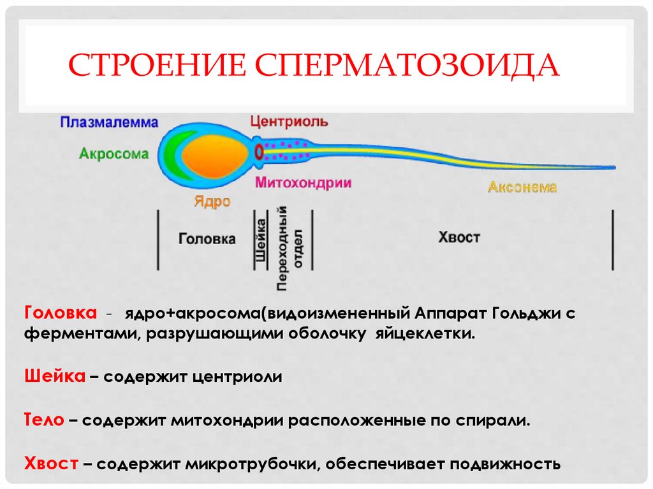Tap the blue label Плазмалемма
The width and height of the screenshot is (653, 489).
[109, 122]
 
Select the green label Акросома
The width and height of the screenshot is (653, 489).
[114, 154]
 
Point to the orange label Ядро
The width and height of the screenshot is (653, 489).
[212, 201]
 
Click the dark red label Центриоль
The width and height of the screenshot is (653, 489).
[290, 121]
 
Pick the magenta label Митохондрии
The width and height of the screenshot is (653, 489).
[304, 182]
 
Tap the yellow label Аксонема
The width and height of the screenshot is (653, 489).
[522, 187]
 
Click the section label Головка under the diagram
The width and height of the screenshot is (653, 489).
[207, 239]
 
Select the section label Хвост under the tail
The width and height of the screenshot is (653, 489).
[459, 237]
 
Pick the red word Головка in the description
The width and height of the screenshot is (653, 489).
[61, 314]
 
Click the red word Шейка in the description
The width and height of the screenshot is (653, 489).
[55, 376]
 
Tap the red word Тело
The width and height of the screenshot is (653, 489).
[44, 420]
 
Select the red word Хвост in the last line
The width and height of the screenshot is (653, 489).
[51, 463]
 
